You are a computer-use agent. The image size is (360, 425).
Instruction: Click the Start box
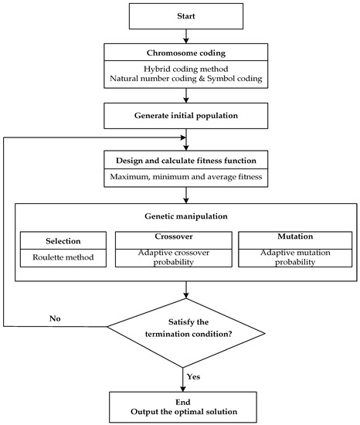click(x=186, y=15)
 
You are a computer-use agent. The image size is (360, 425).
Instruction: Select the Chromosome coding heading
click(x=186, y=53)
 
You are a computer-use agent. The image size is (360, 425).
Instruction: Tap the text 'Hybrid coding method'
click(x=186, y=68)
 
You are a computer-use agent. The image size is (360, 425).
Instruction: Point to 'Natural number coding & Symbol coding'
click(x=186, y=80)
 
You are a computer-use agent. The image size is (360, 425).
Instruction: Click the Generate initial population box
click(x=186, y=117)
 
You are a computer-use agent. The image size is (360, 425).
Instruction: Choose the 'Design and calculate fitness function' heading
click(x=186, y=159)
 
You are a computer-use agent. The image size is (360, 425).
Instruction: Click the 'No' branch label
click(x=55, y=317)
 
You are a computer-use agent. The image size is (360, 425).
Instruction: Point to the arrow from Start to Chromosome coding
click(x=186, y=36)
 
